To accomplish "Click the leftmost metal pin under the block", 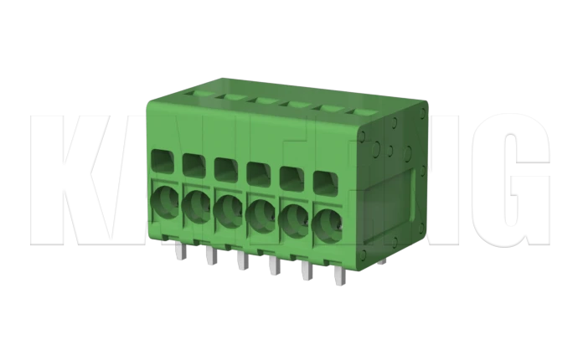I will point(179,251).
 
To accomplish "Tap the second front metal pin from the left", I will point(209,255).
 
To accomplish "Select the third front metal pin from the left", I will point(240,260).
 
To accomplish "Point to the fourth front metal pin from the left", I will point(273,265).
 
